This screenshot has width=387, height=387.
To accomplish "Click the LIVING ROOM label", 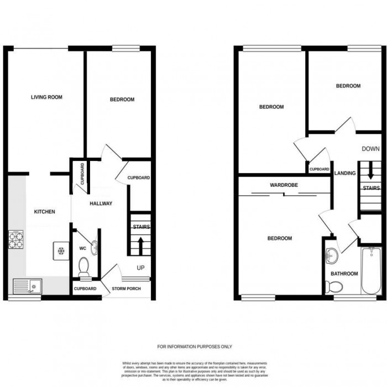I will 46,97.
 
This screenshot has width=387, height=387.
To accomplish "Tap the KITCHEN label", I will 44,212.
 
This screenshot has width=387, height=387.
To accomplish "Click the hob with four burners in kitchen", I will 15,239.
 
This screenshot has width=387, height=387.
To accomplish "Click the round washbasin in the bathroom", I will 333,256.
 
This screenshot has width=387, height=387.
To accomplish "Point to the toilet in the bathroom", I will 333,286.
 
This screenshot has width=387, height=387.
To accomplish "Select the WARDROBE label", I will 285,185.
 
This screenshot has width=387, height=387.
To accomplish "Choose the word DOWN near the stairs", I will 370,149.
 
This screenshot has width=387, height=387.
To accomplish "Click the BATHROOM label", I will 344,274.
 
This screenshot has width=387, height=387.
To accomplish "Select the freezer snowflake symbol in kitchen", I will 60,249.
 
